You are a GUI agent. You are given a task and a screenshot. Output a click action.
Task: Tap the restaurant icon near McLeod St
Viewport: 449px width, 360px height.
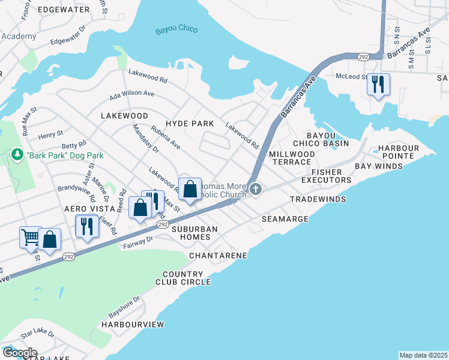tap(378, 84)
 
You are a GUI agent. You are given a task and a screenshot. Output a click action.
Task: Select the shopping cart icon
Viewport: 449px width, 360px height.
tap(30, 236)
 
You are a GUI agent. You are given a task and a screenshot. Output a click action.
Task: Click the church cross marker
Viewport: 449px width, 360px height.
tap(256, 190)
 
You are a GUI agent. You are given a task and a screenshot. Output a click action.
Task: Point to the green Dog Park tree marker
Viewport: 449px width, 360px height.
tap(17, 155)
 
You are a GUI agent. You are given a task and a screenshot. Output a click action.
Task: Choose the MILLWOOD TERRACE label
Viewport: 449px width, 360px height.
tap(292, 158)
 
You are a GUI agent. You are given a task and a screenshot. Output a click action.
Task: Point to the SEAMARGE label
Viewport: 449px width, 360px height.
tap(285, 220)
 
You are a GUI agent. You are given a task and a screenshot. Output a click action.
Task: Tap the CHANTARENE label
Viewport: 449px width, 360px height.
tap(218, 256)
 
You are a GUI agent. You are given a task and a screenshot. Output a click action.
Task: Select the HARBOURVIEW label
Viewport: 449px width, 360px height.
tap(133, 324)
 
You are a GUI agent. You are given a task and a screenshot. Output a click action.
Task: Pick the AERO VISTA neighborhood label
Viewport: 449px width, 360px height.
tap(89, 208)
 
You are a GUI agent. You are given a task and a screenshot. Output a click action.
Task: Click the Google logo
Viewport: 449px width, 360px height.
tap(19, 353)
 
